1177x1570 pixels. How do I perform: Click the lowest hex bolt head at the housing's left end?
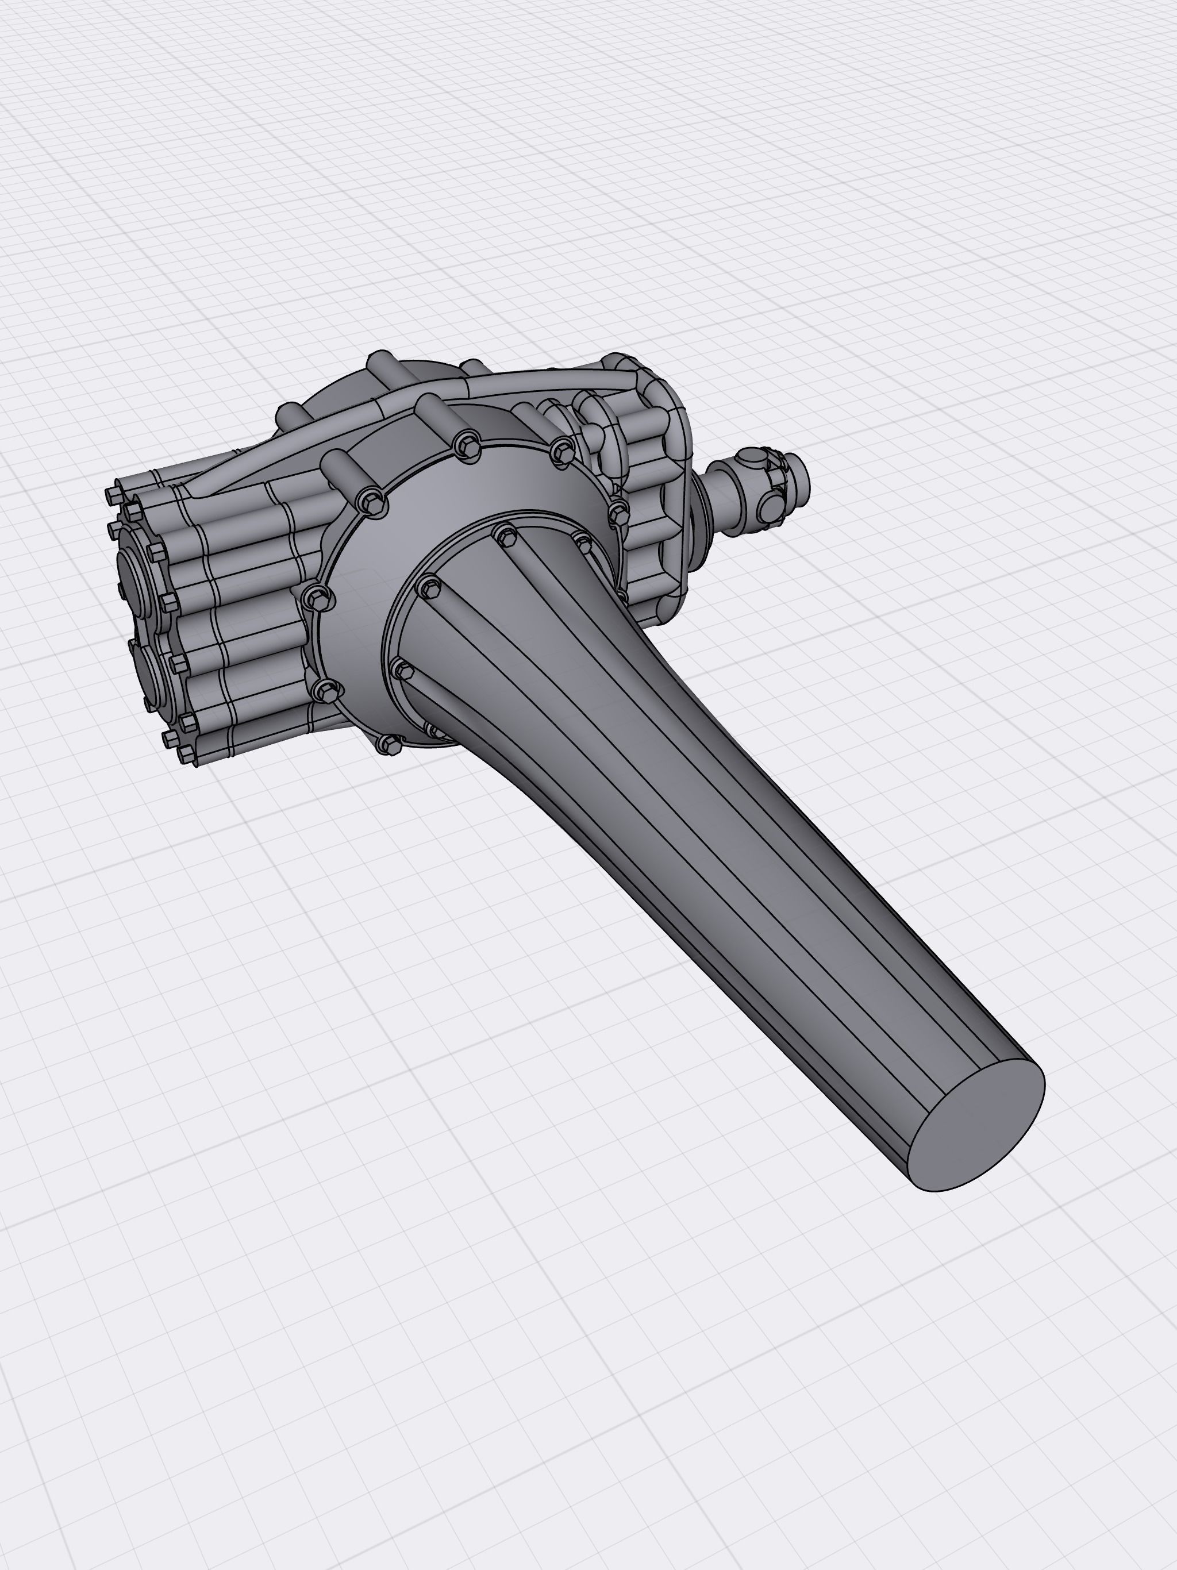pyautogui.click(x=187, y=752)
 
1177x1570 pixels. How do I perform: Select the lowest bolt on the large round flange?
pyautogui.click(x=390, y=743)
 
